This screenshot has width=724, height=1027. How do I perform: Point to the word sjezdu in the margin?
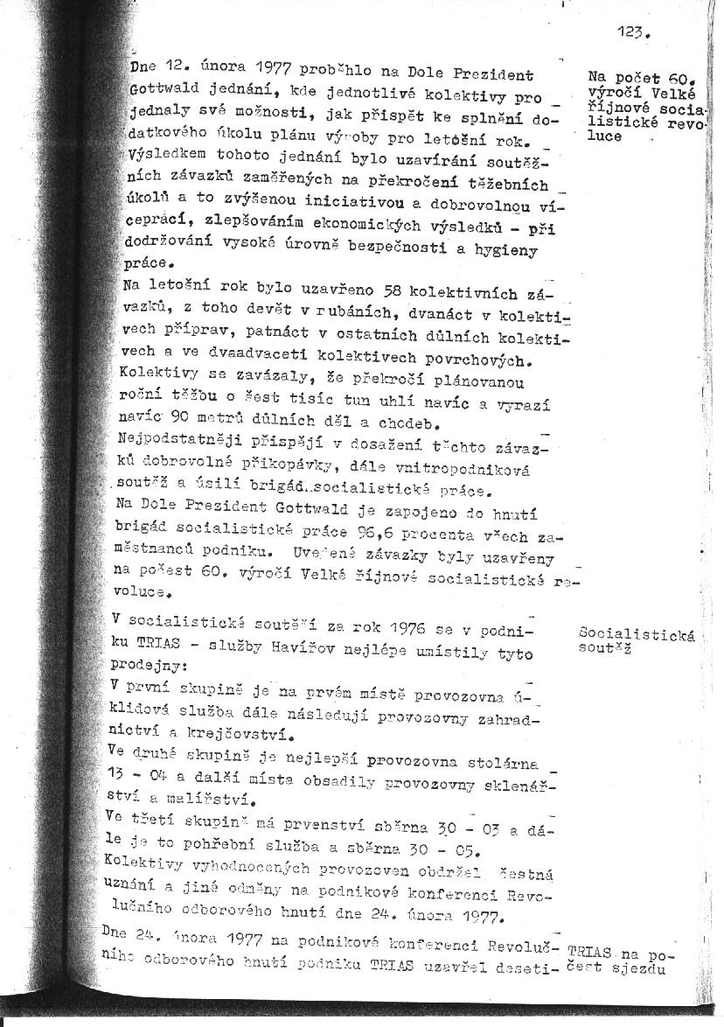pyautogui.click(x=644, y=968)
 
